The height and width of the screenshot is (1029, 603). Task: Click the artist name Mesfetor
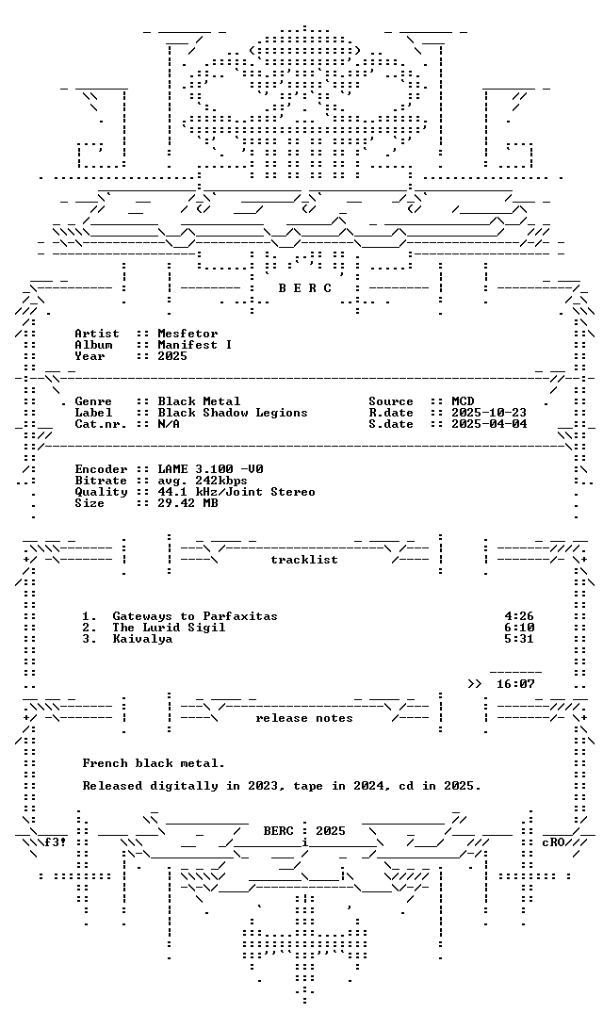point(187,334)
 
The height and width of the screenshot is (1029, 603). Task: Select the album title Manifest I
point(195,345)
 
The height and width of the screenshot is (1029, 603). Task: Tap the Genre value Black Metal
point(199,401)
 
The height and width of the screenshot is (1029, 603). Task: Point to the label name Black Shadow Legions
point(233,413)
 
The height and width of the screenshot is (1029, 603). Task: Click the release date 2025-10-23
point(489,413)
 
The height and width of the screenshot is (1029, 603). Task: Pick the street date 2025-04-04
point(489,424)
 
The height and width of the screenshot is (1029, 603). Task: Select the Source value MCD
point(463,401)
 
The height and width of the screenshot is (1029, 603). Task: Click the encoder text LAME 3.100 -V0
point(211,470)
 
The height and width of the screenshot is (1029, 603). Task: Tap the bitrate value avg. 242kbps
point(203,481)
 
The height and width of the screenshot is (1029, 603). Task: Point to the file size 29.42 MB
point(187,503)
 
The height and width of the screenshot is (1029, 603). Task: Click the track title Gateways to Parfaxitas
point(195,616)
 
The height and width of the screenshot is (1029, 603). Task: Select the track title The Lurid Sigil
point(169,628)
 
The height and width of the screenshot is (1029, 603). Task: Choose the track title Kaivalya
point(142,639)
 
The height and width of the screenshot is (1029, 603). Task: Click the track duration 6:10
point(519,628)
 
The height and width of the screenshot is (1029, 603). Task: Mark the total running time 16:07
point(515,684)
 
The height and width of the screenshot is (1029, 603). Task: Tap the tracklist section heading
point(304,560)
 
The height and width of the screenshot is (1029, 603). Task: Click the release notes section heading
point(304,719)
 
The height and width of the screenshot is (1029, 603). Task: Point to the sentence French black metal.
point(154,763)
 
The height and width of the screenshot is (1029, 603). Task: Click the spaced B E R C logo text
point(305,288)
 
